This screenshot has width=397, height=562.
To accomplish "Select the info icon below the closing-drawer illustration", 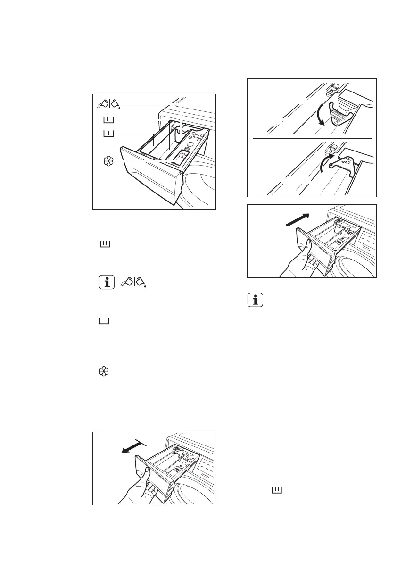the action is pyautogui.click(x=256, y=301).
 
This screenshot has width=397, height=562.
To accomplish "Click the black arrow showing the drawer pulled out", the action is pyautogui.click(x=133, y=446).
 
